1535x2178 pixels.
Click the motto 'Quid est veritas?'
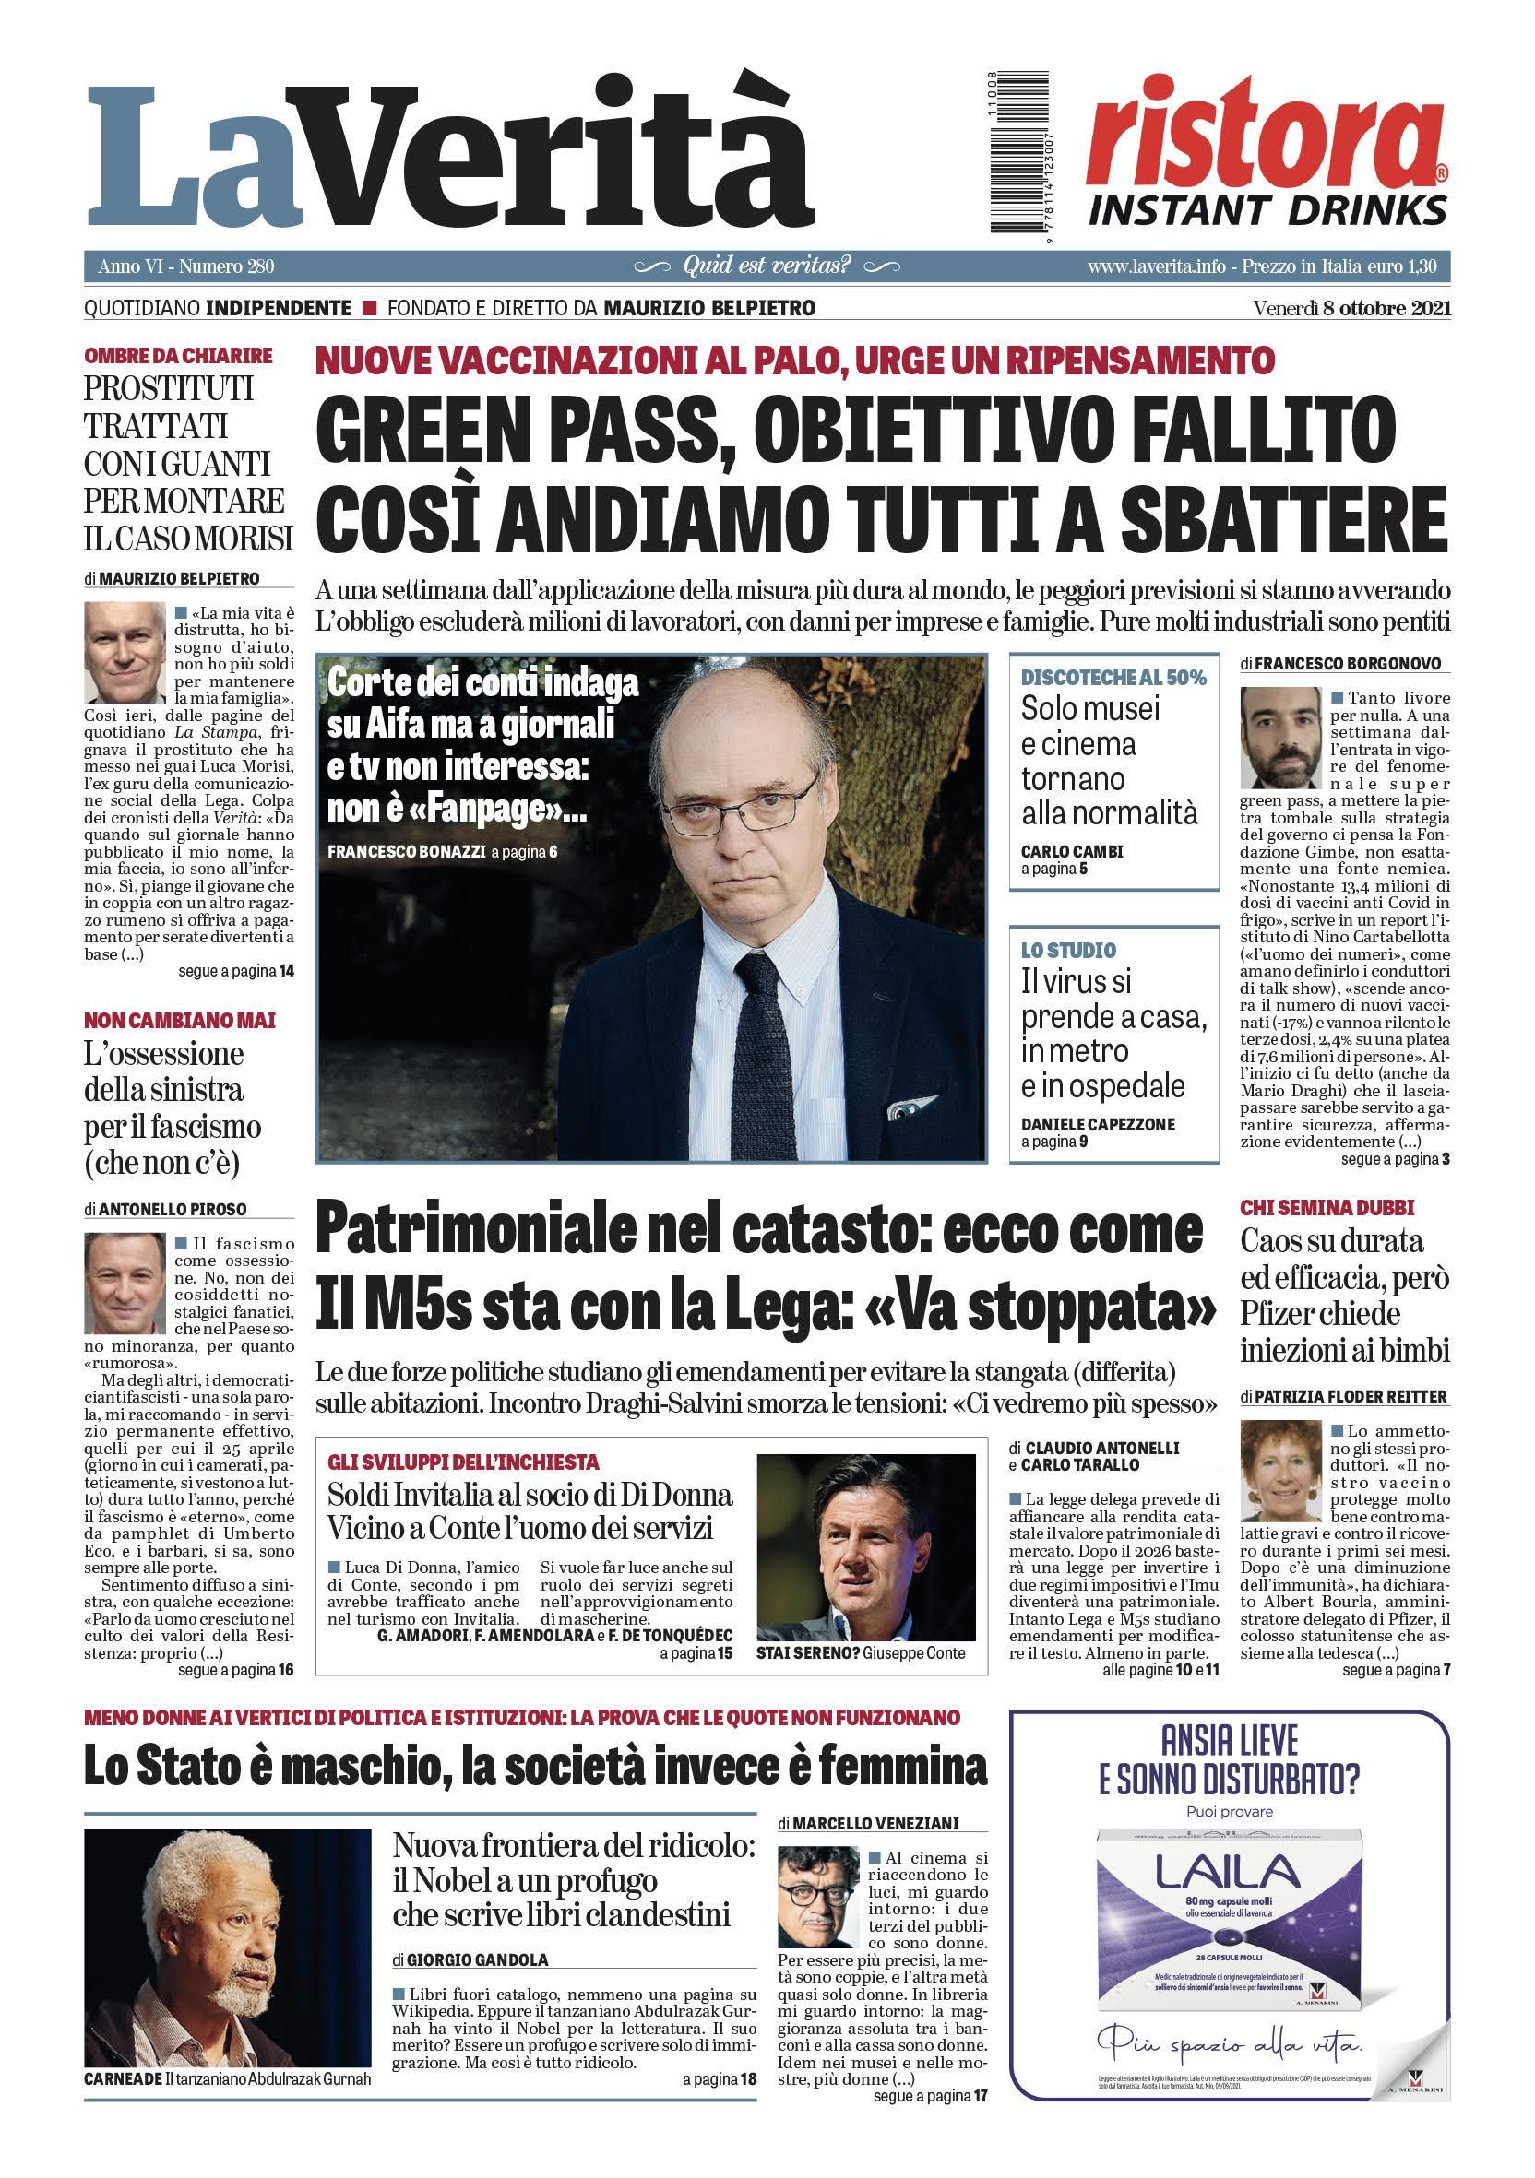pyautogui.click(x=767, y=266)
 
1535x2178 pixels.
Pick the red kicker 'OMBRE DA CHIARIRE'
pyautogui.click(x=178, y=356)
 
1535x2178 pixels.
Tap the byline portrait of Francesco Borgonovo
pyautogui.click(x=1279, y=739)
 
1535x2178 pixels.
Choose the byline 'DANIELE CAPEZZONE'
pyautogui.click(x=1098, y=1124)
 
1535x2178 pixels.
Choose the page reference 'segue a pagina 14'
pyautogui.click(x=235, y=971)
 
